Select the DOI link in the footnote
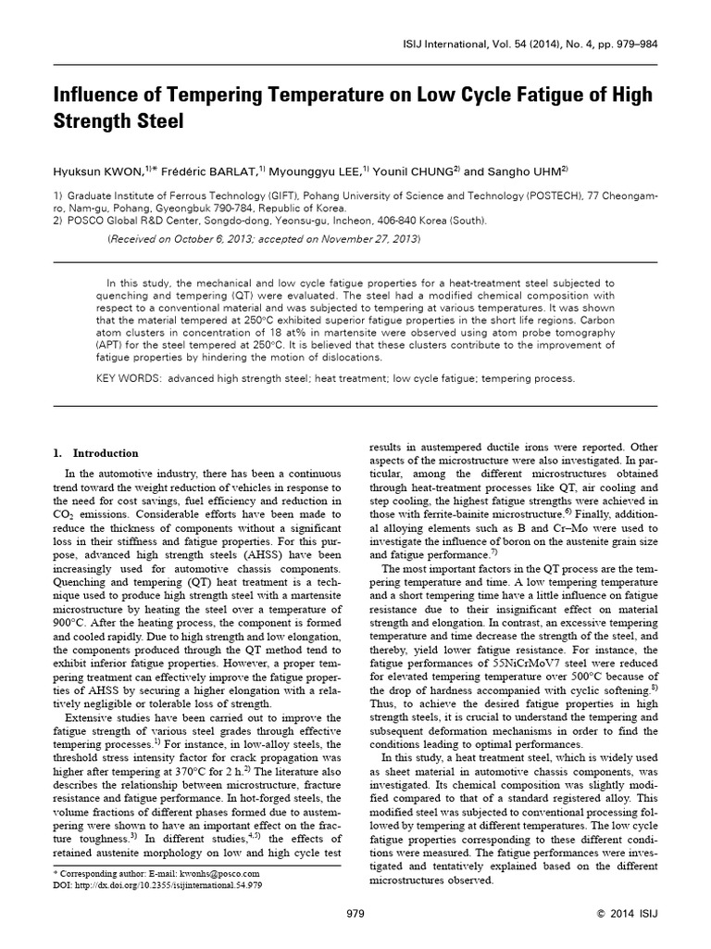(162, 884)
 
